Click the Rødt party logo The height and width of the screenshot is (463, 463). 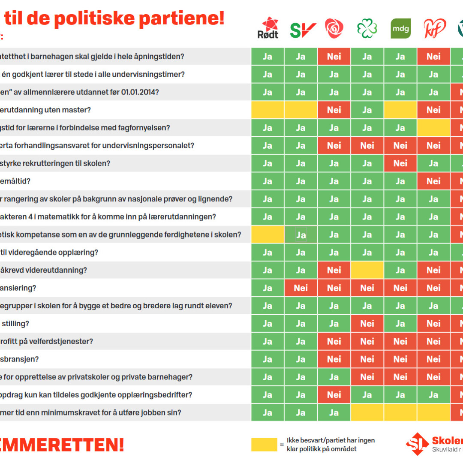pyautogui.click(x=268, y=28)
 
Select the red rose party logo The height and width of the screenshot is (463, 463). pyautogui.click(x=334, y=29)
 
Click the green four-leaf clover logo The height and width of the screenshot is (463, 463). pyautogui.click(x=367, y=29)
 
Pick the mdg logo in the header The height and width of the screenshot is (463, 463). pyautogui.click(x=400, y=29)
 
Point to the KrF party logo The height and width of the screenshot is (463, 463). pyautogui.click(x=433, y=29)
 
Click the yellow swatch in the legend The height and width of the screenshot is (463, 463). pyautogui.click(x=264, y=445)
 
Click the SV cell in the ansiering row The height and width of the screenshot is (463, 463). pyautogui.click(x=301, y=288)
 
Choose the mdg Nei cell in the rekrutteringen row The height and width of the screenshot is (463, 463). pyautogui.click(x=400, y=163)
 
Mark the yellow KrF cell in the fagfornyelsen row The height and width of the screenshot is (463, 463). pyautogui.click(x=433, y=128)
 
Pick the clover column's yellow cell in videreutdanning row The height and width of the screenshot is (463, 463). pyautogui.click(x=367, y=270)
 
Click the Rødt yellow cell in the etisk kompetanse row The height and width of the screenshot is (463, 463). pyautogui.click(x=268, y=235)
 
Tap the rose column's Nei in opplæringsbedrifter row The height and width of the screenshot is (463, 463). pyautogui.click(x=334, y=395)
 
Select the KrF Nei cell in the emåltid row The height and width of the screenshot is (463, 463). pyautogui.click(x=433, y=181)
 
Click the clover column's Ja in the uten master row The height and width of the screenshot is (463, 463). pyautogui.click(x=367, y=110)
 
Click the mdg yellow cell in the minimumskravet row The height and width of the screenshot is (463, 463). pyautogui.click(x=400, y=413)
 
